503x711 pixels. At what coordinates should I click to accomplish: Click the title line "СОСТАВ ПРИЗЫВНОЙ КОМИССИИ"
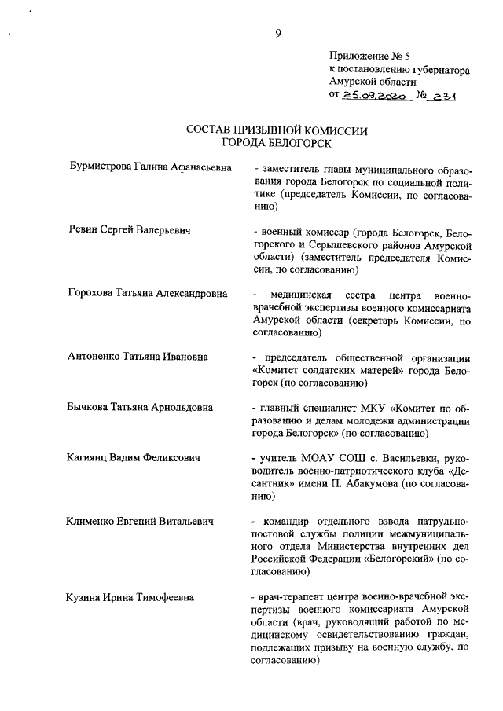click(x=277, y=130)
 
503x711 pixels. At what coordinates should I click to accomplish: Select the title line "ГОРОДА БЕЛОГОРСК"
click(x=277, y=143)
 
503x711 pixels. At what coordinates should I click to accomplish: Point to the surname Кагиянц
click(x=89, y=456)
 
